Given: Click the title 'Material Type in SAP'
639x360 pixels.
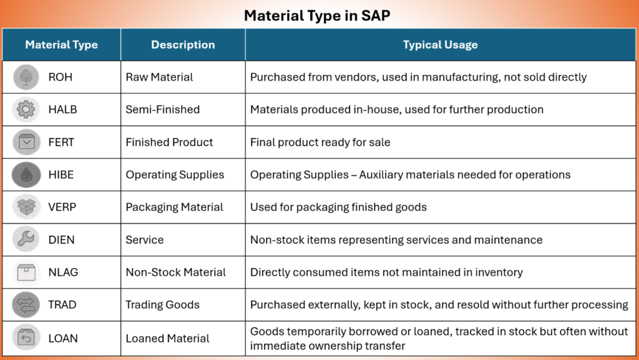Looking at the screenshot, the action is click(x=317, y=16).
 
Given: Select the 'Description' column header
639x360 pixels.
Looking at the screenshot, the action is click(x=183, y=45).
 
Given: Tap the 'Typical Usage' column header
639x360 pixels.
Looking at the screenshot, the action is click(x=440, y=45).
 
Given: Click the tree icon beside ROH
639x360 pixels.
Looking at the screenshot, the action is click(x=26, y=77).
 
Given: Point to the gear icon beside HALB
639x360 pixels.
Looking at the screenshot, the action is click(x=26, y=110).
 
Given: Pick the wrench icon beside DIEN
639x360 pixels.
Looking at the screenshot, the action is click(x=26, y=240).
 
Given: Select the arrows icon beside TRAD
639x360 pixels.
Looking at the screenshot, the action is click(x=26, y=304).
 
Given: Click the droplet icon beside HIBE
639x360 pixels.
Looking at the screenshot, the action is click(x=26, y=175).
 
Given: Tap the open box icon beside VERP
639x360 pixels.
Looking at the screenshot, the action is click(x=26, y=207).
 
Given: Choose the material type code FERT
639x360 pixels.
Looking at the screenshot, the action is click(x=61, y=142).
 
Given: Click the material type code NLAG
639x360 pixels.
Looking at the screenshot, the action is click(x=63, y=272).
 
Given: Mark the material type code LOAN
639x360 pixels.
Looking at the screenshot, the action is click(x=63, y=338).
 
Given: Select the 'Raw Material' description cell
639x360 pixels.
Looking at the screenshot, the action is click(x=159, y=77).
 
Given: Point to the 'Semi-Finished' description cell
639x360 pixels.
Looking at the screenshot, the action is click(x=163, y=110).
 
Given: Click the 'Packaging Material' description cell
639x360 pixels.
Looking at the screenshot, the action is click(x=175, y=207).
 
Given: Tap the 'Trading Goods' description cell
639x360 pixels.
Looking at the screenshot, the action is click(x=163, y=305).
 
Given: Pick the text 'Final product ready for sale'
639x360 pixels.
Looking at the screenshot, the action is click(x=320, y=142).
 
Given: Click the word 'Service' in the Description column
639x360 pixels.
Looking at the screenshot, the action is click(x=145, y=240).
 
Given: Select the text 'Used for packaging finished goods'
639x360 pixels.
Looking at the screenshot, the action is click(x=338, y=207).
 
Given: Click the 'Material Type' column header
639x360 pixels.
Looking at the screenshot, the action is click(x=62, y=45).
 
